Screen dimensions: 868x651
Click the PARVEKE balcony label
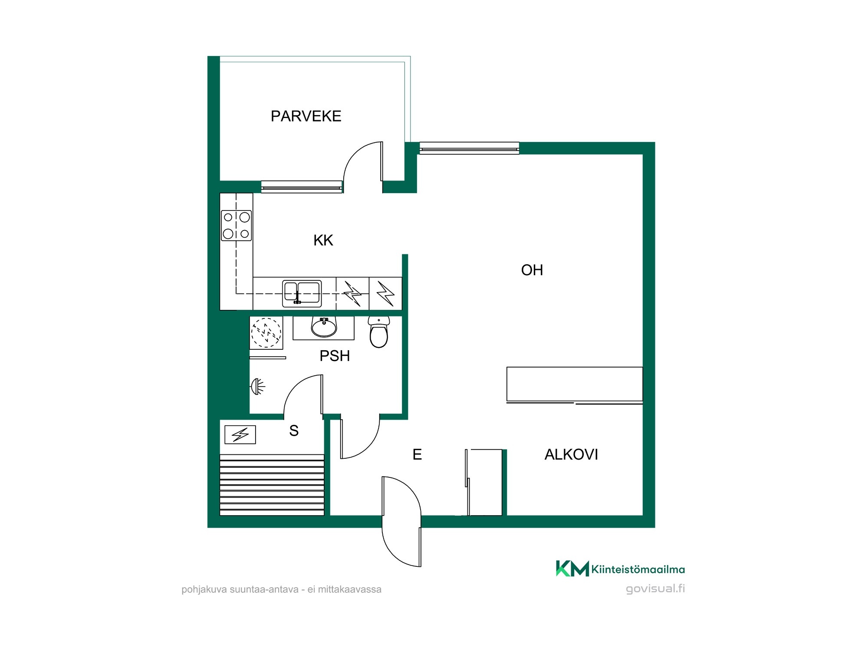tap(306, 116)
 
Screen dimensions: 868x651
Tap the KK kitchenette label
tap(323, 240)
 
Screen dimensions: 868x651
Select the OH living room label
tap(532, 270)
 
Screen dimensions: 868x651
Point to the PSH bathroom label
tap(335, 356)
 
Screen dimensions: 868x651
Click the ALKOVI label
tap(571, 454)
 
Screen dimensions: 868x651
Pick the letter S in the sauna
tap(294, 431)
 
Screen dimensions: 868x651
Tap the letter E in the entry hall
tap(417, 454)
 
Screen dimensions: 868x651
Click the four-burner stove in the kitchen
tap(236, 225)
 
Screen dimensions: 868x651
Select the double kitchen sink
tap(302, 294)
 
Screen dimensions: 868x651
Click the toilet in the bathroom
tap(379, 332)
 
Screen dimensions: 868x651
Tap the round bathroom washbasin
tap(324, 327)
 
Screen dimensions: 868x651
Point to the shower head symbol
tap(258, 386)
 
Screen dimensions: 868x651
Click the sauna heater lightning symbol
tap(240, 434)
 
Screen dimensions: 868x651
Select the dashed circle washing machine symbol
tap(266, 333)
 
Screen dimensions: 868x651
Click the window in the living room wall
tap(469, 148)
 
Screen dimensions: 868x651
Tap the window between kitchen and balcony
tap(302, 187)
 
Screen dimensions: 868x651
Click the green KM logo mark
tap(572, 569)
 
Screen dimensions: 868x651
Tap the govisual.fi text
tap(655, 589)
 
